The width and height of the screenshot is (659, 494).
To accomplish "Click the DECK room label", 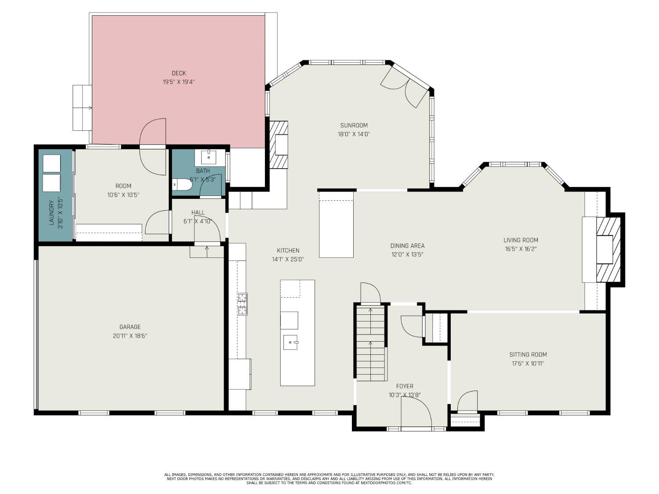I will [x=179, y=73].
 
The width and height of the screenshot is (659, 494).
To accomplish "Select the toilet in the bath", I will [x=182, y=185].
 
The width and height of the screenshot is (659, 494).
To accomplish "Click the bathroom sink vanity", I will [x=209, y=157].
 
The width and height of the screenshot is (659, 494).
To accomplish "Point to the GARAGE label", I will [x=130, y=327].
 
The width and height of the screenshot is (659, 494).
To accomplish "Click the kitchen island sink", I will [x=291, y=342].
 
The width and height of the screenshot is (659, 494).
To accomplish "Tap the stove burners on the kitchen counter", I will [x=242, y=304].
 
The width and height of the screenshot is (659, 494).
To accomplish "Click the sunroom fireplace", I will [x=279, y=144].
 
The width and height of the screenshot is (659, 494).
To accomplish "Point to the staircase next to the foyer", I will [x=371, y=343].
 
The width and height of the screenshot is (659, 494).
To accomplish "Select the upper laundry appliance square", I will [x=51, y=163].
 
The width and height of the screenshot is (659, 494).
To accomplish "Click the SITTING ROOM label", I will [x=528, y=354].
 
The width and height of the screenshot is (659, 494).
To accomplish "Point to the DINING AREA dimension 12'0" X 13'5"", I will [x=407, y=254].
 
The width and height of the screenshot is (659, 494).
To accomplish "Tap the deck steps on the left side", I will [x=82, y=108].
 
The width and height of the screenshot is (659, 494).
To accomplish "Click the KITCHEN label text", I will [x=288, y=250].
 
